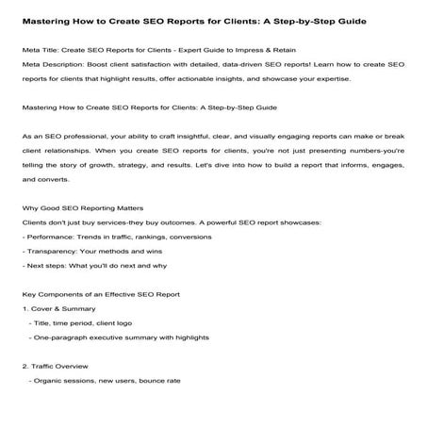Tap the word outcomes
(x=156, y=221)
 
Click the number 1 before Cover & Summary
(x=23, y=307)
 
